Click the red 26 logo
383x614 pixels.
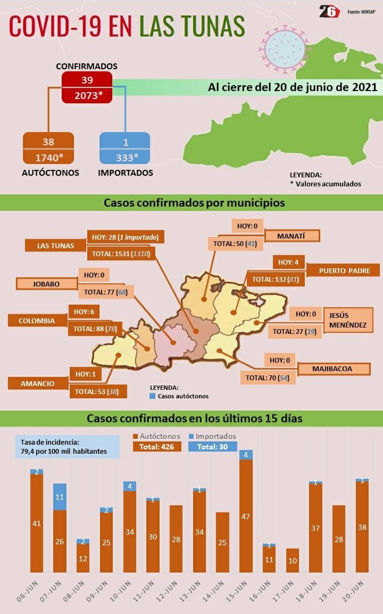tap(329, 12)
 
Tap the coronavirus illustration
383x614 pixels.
tap(287, 47)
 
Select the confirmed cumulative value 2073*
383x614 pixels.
tap(87, 95)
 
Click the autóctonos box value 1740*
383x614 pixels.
tap(48, 157)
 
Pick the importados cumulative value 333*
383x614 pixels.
tap(125, 157)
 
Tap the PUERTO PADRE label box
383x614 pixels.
tap(344, 271)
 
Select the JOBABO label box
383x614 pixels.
tap(45, 284)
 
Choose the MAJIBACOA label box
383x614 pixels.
tap(332, 369)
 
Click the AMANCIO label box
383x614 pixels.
tap(37, 383)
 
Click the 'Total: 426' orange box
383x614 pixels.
tap(157, 447)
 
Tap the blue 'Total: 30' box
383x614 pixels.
tap(212, 447)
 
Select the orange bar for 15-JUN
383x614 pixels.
tap(246, 516)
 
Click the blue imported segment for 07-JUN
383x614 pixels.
tap(60, 496)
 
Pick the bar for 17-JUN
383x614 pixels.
tap(293, 560)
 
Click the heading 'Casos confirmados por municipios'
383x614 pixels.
tap(194, 203)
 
